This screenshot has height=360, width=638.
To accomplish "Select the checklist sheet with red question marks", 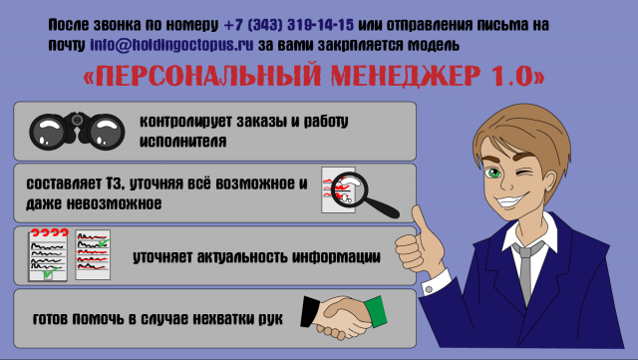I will coord(47,255).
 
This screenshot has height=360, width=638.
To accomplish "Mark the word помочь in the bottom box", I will coord(111,320).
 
